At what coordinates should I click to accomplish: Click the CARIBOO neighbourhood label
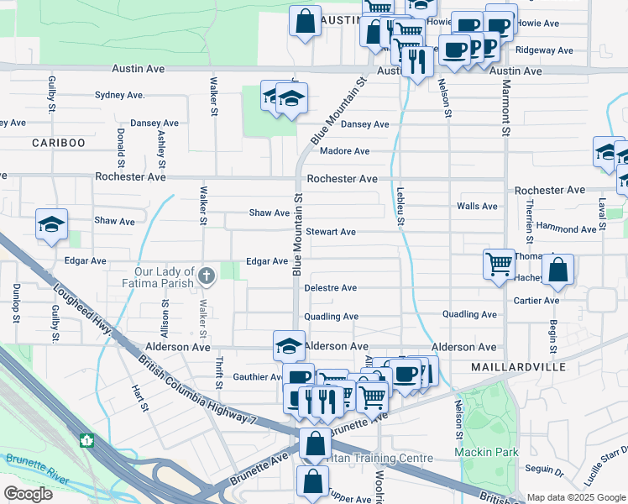(x=59, y=143)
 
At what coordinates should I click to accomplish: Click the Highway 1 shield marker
(x=86, y=439)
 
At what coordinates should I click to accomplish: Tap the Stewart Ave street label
(x=331, y=231)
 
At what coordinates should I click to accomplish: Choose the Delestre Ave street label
(x=330, y=287)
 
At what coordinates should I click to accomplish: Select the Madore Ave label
(x=344, y=151)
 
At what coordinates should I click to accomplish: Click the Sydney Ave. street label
(x=120, y=95)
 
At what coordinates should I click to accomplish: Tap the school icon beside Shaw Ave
(x=51, y=225)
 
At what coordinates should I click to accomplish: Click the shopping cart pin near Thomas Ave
(x=499, y=264)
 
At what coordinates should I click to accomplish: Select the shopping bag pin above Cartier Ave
(x=557, y=270)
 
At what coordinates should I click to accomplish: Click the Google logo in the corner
(x=28, y=493)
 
